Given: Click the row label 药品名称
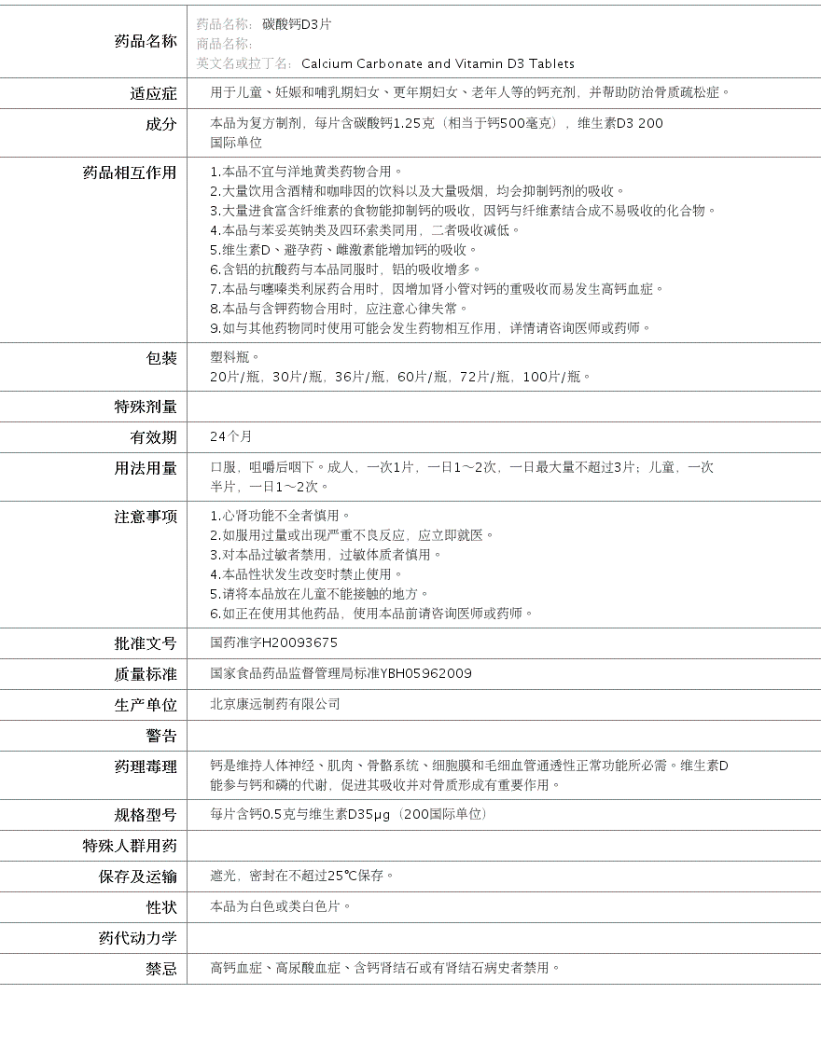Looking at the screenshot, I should point(145,41).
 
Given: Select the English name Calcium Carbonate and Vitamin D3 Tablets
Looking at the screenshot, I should point(438,63).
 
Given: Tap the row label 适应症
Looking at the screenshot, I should point(153,93).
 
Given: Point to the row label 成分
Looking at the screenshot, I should point(160,124).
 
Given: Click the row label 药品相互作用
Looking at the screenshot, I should point(130,173).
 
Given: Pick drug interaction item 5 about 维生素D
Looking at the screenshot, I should point(343,250).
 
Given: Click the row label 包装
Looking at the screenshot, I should point(160,358).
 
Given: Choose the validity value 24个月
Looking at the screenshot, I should point(231,436).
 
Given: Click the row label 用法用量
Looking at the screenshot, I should point(145,468).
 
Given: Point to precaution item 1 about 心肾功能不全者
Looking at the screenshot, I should point(281,516).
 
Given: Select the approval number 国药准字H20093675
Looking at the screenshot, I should point(274,642).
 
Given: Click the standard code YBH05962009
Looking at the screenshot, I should point(425,673).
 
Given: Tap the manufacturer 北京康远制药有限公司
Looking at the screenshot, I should point(275,704).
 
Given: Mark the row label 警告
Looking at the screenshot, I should point(160,736).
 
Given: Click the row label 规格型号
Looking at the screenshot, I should point(145,815).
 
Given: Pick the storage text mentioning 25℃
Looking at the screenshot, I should point(302,876).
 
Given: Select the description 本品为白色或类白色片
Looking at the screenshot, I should point(281,906).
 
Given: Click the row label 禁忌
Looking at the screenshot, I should point(160,969).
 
